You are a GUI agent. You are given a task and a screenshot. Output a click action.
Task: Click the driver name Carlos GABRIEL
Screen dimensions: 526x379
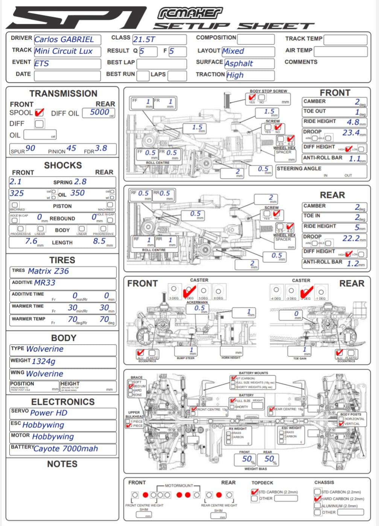click(x=64, y=40)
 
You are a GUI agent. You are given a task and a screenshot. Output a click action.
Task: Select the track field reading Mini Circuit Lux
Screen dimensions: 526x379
click(x=63, y=51)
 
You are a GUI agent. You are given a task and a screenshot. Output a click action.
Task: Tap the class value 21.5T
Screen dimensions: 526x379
click(x=144, y=40)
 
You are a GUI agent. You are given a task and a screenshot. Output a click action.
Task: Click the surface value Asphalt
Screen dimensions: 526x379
click(x=239, y=64)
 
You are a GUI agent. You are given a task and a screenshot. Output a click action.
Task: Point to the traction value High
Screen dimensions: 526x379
click(x=235, y=75)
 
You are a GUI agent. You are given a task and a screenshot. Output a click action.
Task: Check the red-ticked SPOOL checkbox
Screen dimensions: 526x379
click(x=39, y=112)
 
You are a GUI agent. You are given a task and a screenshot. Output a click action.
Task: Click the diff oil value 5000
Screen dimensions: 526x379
click(x=100, y=112)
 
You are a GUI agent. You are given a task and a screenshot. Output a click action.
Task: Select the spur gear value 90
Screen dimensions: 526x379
click(x=30, y=149)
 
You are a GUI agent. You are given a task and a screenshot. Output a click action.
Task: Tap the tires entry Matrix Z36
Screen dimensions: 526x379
click(x=49, y=271)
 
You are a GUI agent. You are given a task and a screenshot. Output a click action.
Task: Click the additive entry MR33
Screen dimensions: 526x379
click(x=45, y=283)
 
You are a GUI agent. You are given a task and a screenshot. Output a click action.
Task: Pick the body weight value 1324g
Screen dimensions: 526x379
click(x=44, y=362)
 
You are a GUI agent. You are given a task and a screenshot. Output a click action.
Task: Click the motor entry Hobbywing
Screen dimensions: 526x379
click(x=53, y=437)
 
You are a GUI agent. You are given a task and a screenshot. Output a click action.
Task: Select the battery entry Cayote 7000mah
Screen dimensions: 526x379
click(x=65, y=449)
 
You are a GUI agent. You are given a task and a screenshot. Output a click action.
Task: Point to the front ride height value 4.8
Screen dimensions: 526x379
click(x=353, y=122)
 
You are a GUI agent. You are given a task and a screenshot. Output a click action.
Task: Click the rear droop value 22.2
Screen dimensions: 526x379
click(x=351, y=239)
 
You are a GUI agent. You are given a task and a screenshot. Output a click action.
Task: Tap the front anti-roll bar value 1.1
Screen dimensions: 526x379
click(x=354, y=159)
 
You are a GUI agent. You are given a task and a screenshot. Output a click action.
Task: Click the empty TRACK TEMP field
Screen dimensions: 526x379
click(x=345, y=40)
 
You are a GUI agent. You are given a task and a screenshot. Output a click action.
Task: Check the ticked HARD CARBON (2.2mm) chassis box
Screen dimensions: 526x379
click(x=317, y=499)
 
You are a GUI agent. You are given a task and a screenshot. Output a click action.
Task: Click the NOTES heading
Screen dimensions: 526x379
click(x=62, y=464)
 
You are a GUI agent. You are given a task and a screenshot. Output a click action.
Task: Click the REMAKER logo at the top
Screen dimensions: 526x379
click(x=190, y=13)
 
